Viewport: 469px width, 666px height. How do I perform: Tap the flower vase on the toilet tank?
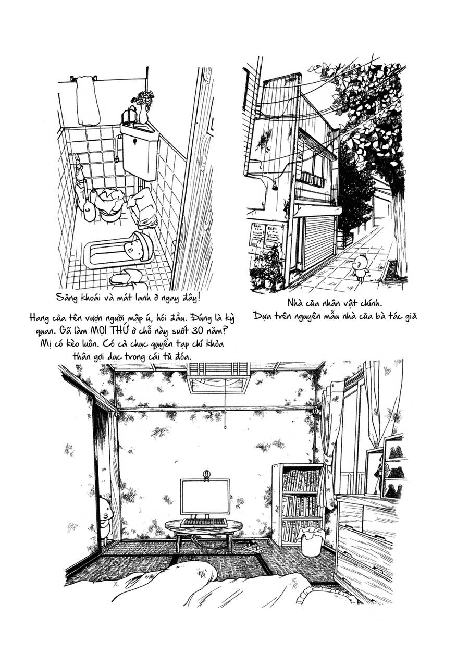click(143, 106)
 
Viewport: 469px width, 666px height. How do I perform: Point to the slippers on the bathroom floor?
click(127, 278)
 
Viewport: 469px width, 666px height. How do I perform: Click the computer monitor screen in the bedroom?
click(205, 497)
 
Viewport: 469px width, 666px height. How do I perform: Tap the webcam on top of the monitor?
click(206, 475)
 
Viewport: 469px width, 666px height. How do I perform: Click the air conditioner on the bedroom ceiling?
click(219, 377)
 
